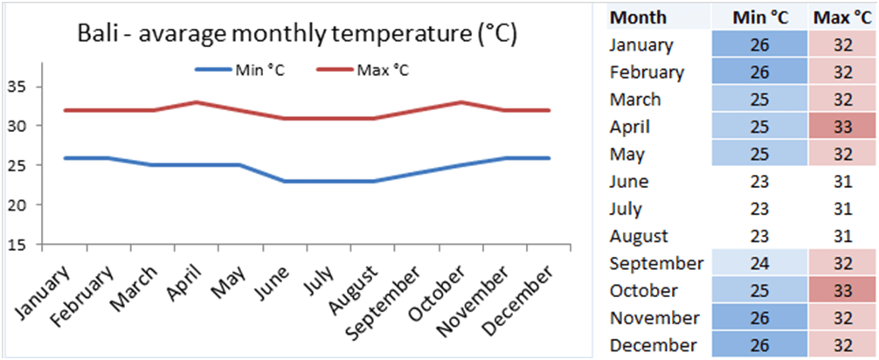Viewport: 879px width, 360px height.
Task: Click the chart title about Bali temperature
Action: click(298, 35)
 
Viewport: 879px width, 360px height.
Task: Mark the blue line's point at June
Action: click(284, 181)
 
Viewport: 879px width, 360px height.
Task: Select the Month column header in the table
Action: click(638, 17)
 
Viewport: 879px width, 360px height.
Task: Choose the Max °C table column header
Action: click(844, 17)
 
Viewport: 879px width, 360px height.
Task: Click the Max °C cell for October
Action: click(844, 290)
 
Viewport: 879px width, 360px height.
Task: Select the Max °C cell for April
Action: click(844, 127)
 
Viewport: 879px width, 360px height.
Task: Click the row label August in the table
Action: click(639, 236)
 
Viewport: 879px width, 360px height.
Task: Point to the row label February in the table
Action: click(647, 73)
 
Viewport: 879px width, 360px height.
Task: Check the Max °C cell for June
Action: click(844, 182)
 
